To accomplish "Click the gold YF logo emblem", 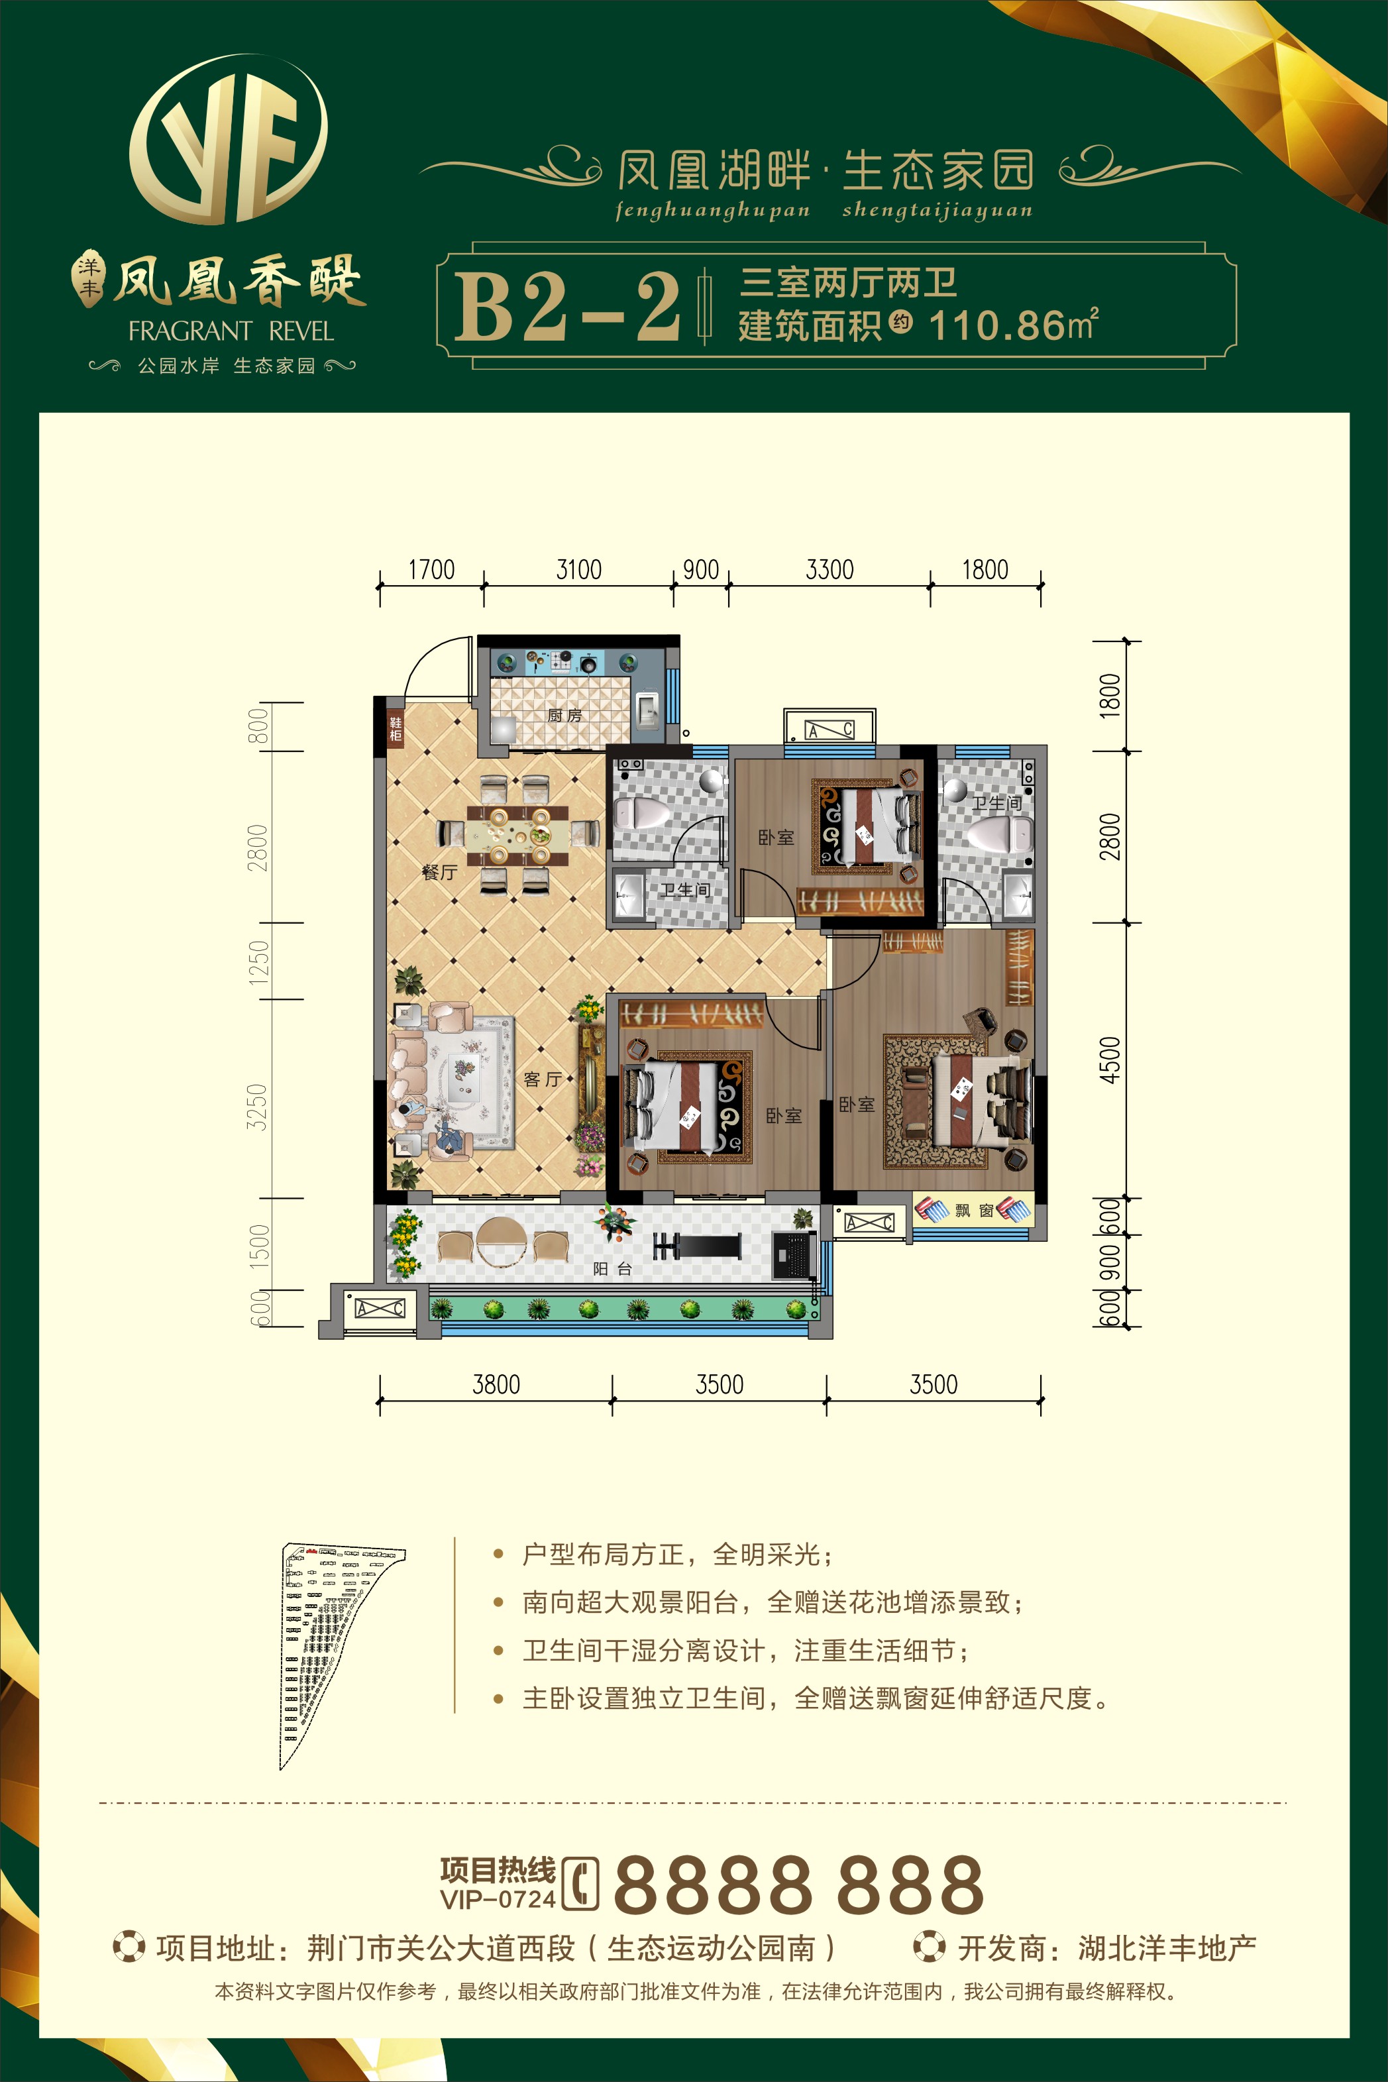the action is [x=229, y=140].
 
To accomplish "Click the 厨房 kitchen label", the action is [x=564, y=714].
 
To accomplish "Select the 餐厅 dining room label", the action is [x=439, y=873].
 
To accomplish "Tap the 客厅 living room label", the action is [x=543, y=1079].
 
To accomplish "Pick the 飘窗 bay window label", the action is [x=975, y=1210].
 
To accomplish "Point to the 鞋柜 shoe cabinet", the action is [x=396, y=728].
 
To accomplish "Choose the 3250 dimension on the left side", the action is [x=256, y=1107].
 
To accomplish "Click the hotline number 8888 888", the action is [x=798, y=1885].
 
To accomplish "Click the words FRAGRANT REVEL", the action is [x=231, y=331].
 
